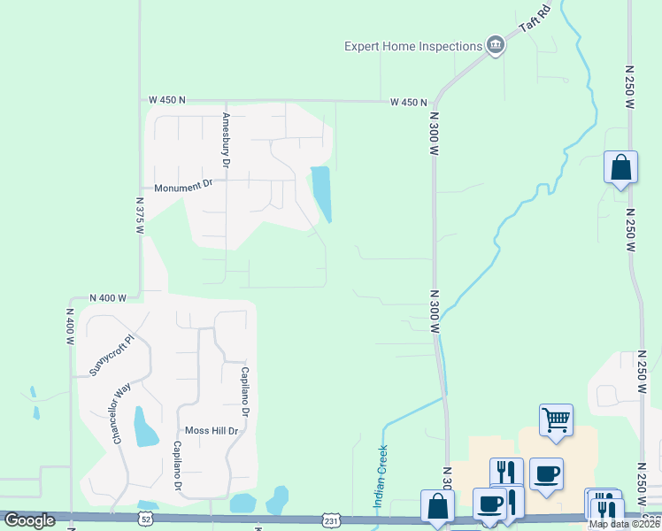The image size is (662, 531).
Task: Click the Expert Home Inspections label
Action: [x=412, y=45]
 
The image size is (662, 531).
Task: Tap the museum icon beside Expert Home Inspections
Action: [x=495, y=45]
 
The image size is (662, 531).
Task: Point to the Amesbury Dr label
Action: [x=227, y=140]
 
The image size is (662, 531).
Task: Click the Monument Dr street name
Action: [x=184, y=188]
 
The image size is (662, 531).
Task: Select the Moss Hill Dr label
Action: [x=209, y=431]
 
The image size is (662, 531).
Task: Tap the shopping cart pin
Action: [x=556, y=420]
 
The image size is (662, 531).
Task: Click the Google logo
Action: [x=29, y=520]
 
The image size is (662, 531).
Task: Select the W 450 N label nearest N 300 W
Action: [x=408, y=103]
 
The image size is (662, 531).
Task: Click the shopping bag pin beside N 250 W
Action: [x=620, y=166]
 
